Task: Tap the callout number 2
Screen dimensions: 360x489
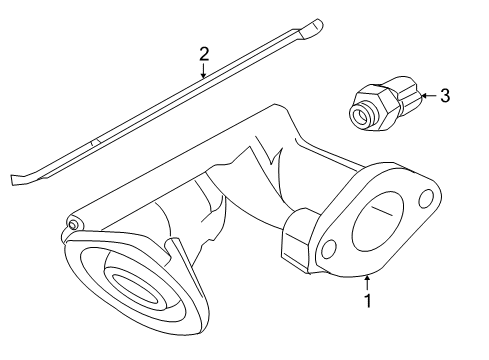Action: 203,54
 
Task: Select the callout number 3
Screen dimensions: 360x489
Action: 445,96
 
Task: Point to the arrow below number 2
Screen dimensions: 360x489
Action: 203,71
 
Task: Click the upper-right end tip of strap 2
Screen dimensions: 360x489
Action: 317,21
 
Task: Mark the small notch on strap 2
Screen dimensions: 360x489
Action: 92,145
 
